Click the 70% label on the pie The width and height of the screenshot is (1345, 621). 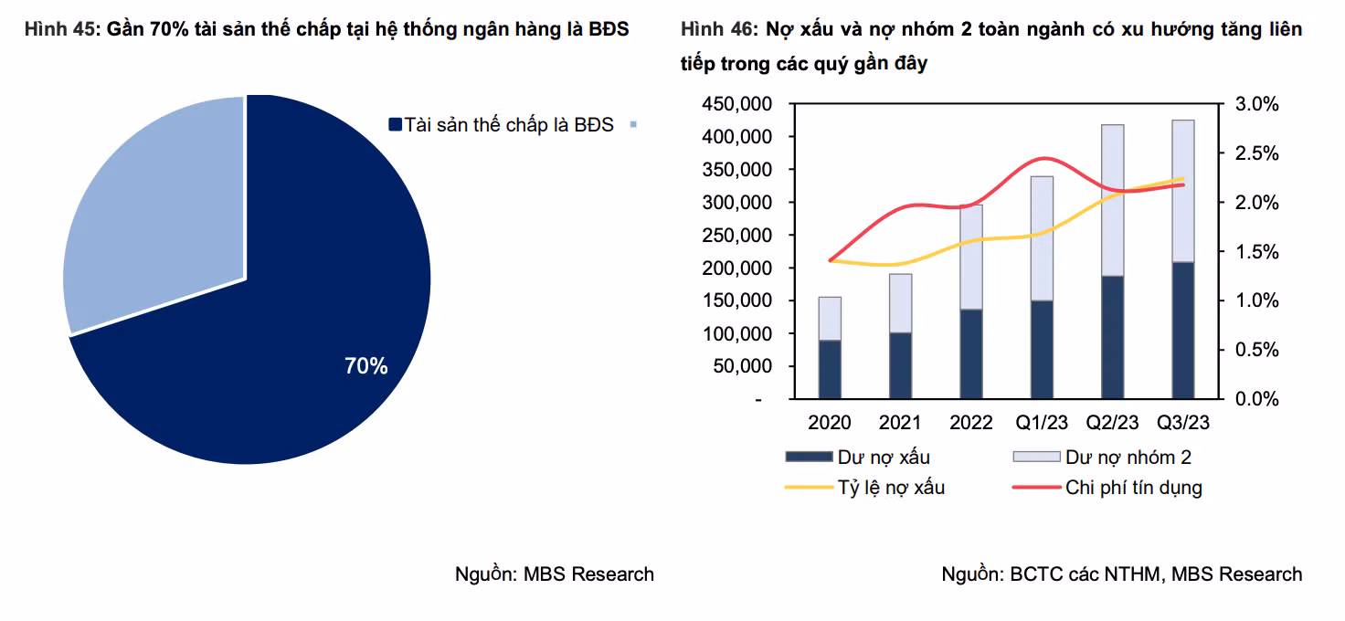click(365, 367)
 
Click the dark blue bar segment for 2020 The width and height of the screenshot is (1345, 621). click(830, 369)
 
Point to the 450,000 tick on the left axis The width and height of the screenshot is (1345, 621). click(736, 104)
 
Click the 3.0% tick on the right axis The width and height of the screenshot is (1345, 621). click(1256, 104)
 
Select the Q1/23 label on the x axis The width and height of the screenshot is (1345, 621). click(1042, 423)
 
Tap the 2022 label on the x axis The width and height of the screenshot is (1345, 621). click(970, 423)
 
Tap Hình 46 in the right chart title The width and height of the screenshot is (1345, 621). click(718, 29)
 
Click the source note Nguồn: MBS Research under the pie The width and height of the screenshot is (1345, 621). click(555, 574)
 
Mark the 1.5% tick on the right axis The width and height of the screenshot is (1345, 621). click(1256, 252)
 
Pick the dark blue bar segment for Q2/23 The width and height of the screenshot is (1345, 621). click(1112, 337)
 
